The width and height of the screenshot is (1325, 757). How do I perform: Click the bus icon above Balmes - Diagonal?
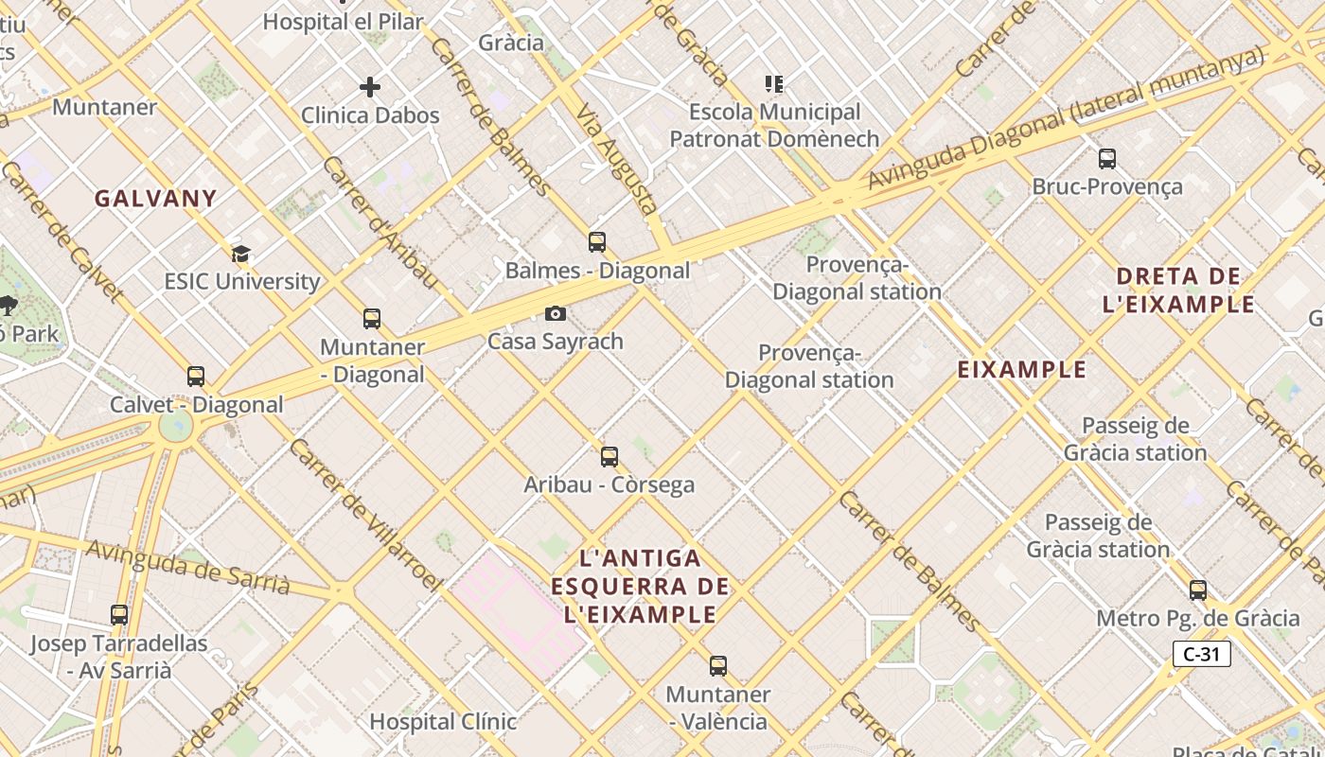click(x=596, y=241)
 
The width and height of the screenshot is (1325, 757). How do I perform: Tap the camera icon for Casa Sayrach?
click(x=556, y=313)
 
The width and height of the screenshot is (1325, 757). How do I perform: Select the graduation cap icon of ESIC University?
click(x=240, y=253)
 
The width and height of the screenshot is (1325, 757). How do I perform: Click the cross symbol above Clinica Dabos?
click(x=370, y=87)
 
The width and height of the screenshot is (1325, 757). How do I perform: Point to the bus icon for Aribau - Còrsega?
click(x=609, y=457)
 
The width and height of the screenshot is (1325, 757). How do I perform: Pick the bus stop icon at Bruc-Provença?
click(x=1106, y=158)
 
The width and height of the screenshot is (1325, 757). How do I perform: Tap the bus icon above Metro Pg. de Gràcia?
click(x=1198, y=590)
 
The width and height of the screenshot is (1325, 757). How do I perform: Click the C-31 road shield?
click(x=1201, y=654)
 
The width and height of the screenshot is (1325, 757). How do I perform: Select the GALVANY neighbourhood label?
click(x=156, y=199)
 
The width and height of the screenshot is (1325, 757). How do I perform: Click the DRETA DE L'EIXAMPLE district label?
click(x=1185, y=290)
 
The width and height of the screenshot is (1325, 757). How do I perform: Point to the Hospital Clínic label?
click(x=443, y=721)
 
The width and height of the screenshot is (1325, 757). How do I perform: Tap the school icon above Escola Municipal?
click(x=774, y=84)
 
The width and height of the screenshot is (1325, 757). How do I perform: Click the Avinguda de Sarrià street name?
click(x=188, y=565)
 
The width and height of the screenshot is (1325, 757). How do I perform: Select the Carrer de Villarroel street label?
click(x=365, y=515)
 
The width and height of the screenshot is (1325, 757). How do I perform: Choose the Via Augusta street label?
click(x=617, y=158)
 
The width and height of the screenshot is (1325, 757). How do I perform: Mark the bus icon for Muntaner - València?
click(x=718, y=666)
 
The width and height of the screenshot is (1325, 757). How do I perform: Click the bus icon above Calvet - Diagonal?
click(x=196, y=377)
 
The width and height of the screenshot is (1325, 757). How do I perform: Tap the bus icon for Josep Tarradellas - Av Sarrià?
click(x=119, y=615)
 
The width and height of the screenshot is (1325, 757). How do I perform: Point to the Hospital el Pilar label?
click(x=343, y=21)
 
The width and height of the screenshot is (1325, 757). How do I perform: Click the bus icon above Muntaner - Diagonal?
click(x=372, y=319)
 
